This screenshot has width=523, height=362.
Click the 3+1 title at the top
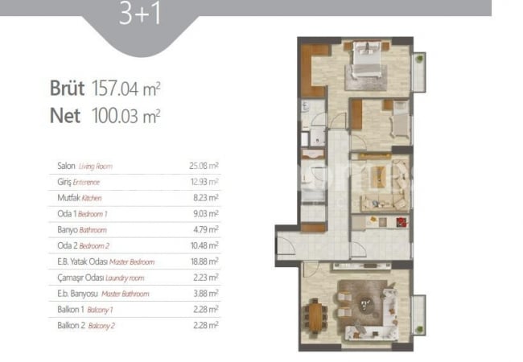[140, 14]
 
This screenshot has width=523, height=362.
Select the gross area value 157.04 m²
[126, 88]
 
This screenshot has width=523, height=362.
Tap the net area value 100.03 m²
[126, 116]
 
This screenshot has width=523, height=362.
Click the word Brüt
[67, 88]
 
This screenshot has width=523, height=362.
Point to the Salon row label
[84, 166]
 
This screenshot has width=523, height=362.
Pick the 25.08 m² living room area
[204, 166]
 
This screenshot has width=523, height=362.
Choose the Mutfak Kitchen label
[80, 198]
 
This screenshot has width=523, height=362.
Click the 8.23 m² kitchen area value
[206, 198]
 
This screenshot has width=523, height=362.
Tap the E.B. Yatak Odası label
[105, 261]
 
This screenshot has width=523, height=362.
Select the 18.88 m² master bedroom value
[205, 261]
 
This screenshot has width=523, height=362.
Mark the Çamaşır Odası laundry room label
[101, 278]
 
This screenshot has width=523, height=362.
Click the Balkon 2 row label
[86, 326]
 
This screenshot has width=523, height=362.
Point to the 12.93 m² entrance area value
[204, 182]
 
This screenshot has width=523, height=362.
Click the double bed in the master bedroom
[367, 60]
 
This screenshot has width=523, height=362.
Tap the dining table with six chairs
[315, 316]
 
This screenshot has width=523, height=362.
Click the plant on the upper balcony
[419, 59]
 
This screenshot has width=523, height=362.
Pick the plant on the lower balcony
[419, 329]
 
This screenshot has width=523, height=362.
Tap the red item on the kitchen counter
[402, 222]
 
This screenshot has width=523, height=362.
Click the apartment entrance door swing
[286, 246]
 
